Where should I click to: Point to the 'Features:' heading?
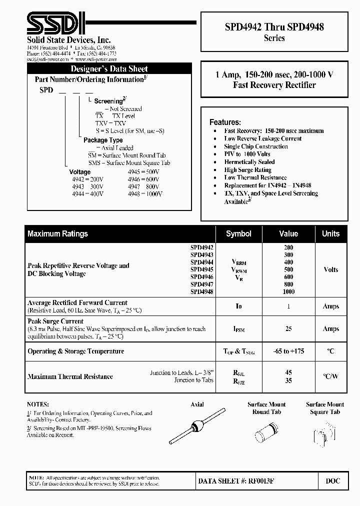coord(225,122)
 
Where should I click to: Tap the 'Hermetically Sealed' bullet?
coord(249,162)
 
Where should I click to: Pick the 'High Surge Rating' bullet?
coord(247,170)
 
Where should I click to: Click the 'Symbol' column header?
coord(238,233)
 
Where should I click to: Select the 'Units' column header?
coord(330,233)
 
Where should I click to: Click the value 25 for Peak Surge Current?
coord(288,328)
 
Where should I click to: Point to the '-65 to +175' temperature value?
coord(288,351)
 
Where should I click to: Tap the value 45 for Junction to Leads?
coord(288,372)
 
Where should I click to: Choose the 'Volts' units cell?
coord(330,269)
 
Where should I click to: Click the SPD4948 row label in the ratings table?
coord(201,291)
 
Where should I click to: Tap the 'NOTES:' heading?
coord(38,404)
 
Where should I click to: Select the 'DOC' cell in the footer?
coord(332,481)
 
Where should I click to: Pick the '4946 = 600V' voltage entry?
coord(143,178)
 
